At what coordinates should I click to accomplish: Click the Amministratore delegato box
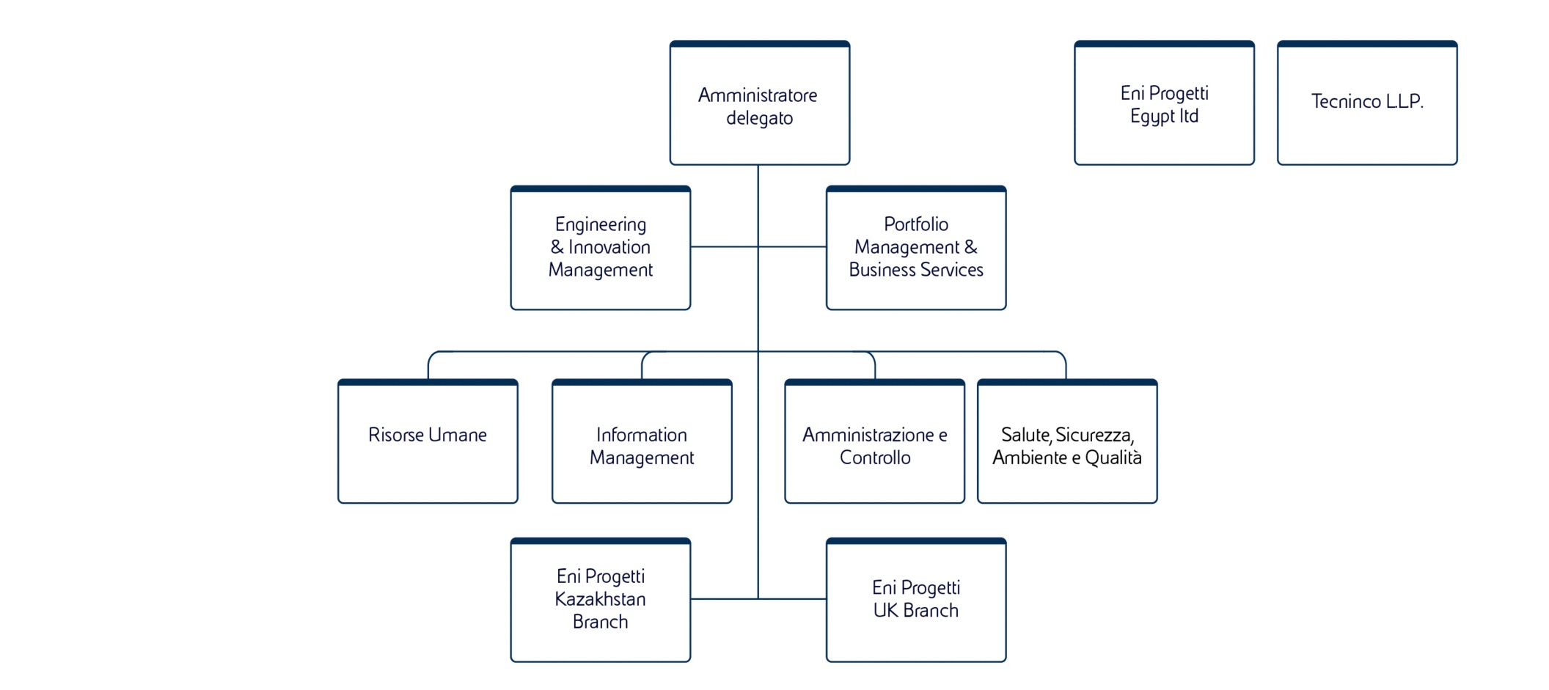pos(759,103)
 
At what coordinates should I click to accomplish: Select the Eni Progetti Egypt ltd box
pos(1164,103)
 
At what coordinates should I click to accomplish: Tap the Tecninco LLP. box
pos(1366,103)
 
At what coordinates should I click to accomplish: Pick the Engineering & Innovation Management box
pos(600,248)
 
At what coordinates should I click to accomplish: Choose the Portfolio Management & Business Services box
pos(915,248)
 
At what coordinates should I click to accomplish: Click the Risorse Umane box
pos(428,441)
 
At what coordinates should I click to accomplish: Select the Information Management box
pos(642,441)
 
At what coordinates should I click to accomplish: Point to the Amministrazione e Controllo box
pos(874,441)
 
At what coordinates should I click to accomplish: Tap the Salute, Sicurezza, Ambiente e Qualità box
pos(1067,441)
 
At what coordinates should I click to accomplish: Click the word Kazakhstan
pos(600,599)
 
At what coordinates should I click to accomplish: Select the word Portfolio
pos(916,224)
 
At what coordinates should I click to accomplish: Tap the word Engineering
pos(601,224)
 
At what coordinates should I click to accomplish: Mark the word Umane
pos(458,435)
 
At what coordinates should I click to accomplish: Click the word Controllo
pos(875,458)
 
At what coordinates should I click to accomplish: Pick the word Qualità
pos(1113,458)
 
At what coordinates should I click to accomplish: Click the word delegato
pos(759,118)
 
